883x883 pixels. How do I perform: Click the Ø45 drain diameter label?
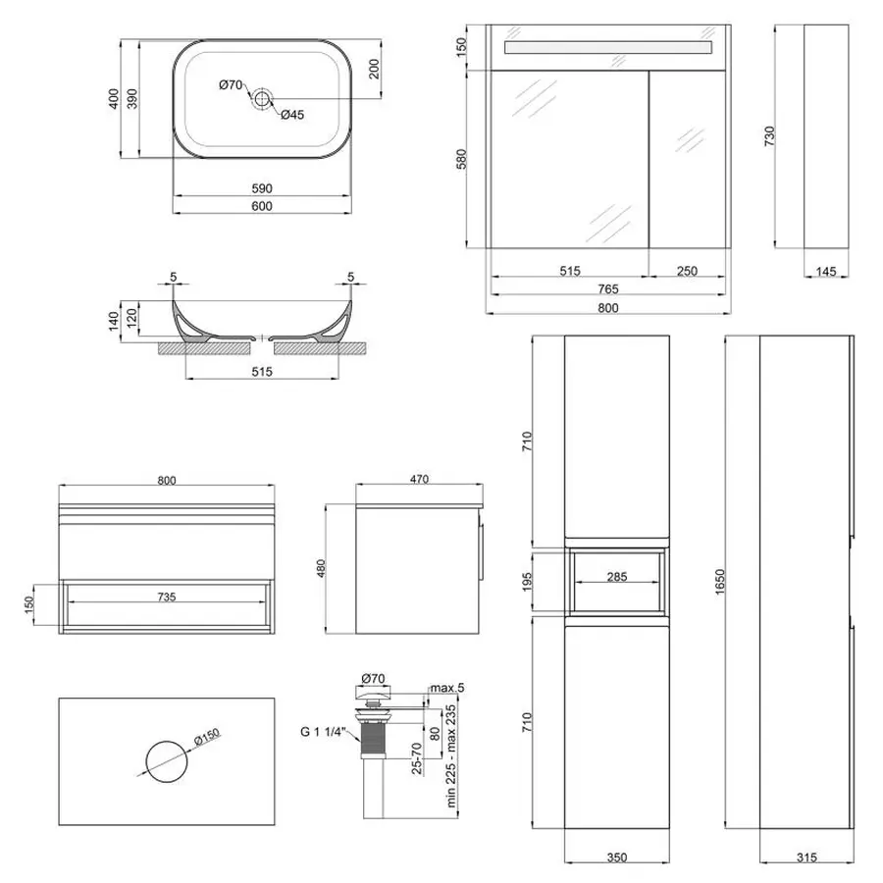tap(292, 115)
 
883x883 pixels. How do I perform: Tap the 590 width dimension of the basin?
tap(262, 188)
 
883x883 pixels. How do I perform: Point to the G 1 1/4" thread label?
tap(324, 728)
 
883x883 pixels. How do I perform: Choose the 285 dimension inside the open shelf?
tap(616, 577)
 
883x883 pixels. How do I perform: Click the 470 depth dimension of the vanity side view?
tap(420, 480)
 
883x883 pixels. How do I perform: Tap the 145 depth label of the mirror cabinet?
tap(825, 271)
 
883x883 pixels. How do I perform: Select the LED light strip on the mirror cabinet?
tap(607, 48)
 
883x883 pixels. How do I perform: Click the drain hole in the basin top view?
tap(262, 98)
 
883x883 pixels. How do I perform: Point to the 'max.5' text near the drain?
tap(445, 687)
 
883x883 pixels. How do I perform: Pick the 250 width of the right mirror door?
tap(687, 271)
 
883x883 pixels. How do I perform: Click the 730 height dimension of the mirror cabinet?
tap(769, 134)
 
